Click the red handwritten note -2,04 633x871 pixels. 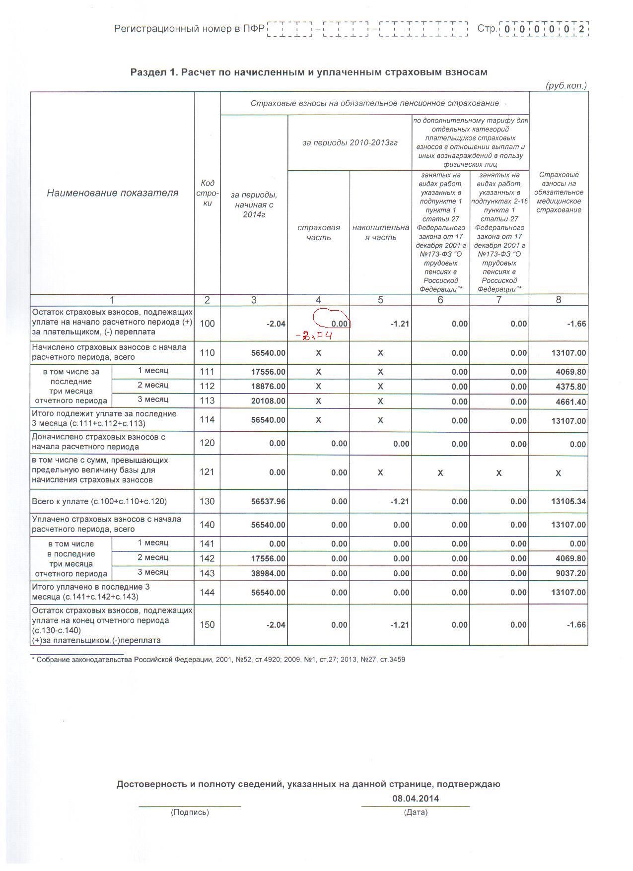coord(314,336)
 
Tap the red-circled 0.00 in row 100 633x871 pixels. coord(339,324)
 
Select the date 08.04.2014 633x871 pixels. coord(416,799)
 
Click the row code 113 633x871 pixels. coord(207,401)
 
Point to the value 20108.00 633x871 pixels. coord(268,401)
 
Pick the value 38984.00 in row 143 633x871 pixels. coord(268,573)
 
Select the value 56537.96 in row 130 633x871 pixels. coord(268,502)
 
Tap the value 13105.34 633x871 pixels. coord(568,502)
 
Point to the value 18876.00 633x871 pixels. coord(268,387)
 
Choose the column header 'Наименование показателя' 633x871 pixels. coord(112,193)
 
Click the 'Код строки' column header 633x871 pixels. coord(207,193)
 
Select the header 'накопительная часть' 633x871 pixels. coord(380,232)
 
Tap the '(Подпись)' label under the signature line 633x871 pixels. coord(190,812)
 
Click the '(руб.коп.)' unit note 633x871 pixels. coord(566,85)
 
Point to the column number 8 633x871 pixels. coord(559,300)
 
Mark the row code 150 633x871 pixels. coord(207,624)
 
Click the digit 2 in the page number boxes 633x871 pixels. coord(581,29)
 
